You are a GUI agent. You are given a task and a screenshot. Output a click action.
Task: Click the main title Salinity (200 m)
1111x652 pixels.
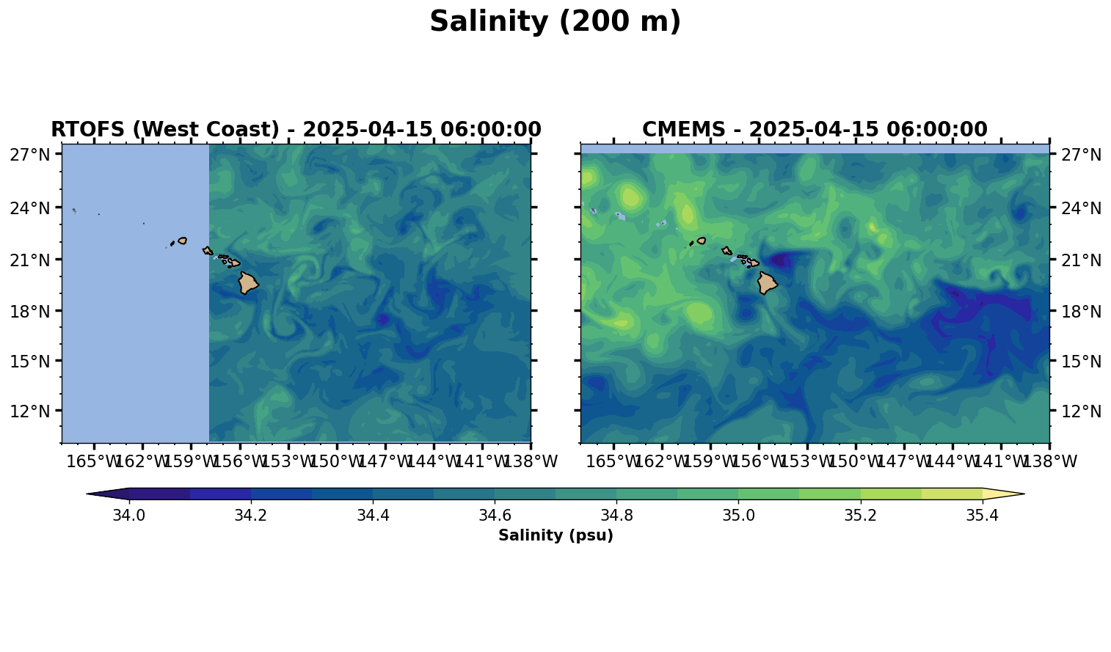[555, 22]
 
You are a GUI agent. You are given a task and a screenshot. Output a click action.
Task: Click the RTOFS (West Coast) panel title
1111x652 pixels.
[296, 130]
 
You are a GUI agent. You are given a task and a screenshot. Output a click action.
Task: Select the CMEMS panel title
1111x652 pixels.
[815, 130]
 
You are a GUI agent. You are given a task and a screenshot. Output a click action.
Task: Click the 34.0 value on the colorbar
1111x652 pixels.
[128, 516]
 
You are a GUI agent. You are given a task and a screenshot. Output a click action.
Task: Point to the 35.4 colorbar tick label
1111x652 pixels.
[982, 516]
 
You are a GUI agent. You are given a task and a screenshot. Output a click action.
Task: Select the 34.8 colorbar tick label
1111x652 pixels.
[616, 516]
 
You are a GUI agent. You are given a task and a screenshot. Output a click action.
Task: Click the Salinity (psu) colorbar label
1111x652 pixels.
[555, 536]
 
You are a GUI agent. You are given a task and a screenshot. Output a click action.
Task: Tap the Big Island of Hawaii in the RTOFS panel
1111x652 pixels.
[247, 282]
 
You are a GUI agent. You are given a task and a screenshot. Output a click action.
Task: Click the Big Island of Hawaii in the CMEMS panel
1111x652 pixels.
[767, 282]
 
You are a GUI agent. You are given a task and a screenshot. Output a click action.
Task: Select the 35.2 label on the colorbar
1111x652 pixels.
[860, 516]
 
